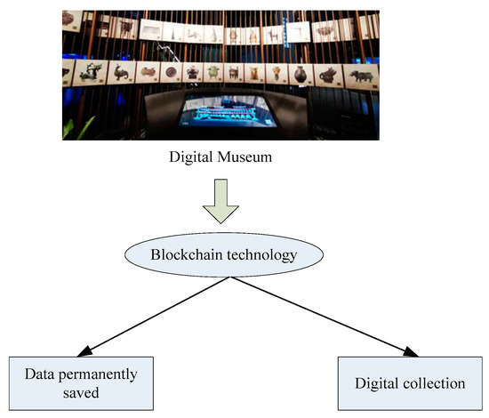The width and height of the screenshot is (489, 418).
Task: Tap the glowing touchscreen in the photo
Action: (238, 114)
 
